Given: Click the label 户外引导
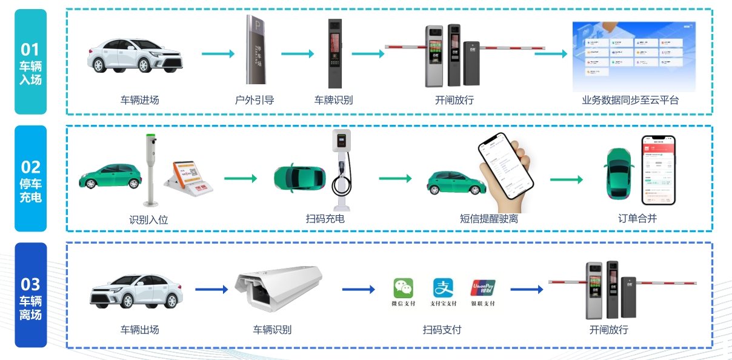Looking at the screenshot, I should (255, 100).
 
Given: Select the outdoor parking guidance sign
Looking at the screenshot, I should (256, 50).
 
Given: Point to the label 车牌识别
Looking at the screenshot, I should (333, 100).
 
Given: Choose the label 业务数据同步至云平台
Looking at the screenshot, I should (630, 100).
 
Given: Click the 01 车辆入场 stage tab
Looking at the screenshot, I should (31, 62).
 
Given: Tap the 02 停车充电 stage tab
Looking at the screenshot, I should (31, 179).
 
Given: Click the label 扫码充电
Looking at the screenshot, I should (325, 218).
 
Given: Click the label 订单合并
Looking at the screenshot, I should (637, 218).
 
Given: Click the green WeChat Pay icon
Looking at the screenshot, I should (403, 288).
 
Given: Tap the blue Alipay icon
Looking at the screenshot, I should (443, 288).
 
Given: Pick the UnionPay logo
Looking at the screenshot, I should (483, 287).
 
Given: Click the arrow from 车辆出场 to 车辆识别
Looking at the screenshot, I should (211, 290).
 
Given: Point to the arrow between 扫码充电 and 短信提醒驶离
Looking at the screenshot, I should (395, 179).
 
